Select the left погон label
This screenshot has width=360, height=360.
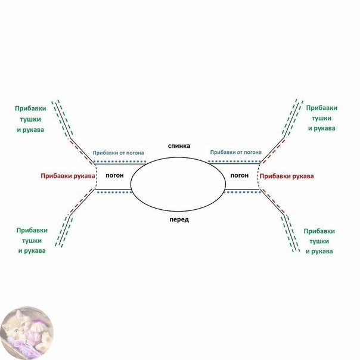(x=114, y=176)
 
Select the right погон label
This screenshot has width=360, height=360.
(x=239, y=176)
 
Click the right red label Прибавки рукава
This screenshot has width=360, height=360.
(x=287, y=176)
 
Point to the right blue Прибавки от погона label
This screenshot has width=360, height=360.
(x=235, y=153)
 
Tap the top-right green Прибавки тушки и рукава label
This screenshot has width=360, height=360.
(x=321, y=118)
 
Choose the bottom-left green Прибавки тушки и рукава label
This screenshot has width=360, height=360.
(x=31, y=240)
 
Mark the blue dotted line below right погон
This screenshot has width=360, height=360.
(x=241, y=193)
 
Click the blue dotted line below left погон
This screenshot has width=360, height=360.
(x=113, y=193)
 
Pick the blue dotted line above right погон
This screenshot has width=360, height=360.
(x=235, y=162)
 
